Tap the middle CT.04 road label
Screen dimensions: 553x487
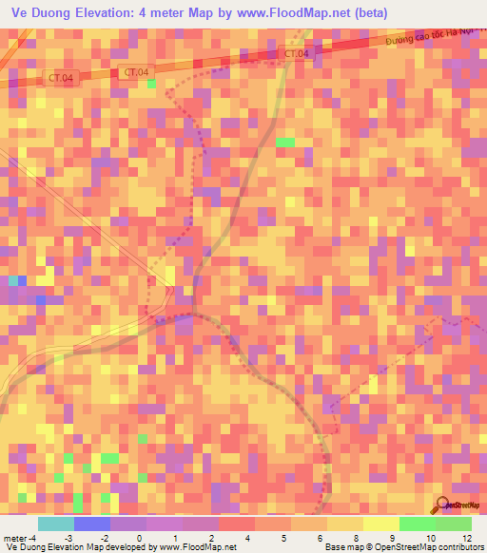coord(136,72)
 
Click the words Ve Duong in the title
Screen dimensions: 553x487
coord(43,13)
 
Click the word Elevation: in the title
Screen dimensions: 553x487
coord(122,13)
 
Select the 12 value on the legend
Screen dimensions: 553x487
coord(467,538)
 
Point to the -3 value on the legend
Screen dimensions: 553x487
coord(83,538)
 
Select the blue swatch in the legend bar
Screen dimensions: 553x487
coord(91,524)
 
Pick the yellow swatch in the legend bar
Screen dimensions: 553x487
coord(380,524)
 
